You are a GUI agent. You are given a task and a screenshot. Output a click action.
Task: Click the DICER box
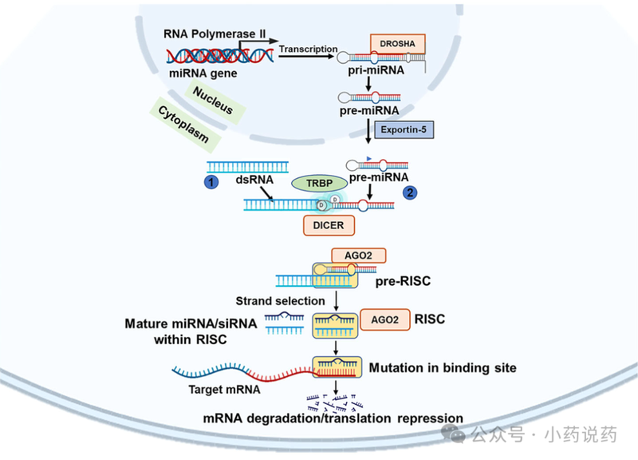pyautogui.click(x=328, y=225)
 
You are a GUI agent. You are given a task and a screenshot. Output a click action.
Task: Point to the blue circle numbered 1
pyautogui.click(x=212, y=183)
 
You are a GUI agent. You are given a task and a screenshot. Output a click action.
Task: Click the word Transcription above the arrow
pyautogui.click(x=308, y=49)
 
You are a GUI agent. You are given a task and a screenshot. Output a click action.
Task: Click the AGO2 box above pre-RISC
pyautogui.click(x=360, y=256)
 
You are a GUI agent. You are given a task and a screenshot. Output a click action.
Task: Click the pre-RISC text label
pyautogui.click(x=404, y=282)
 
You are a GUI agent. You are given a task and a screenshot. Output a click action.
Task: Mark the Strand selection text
pyautogui.click(x=280, y=301)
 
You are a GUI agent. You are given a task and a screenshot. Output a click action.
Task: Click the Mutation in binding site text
pyautogui.click(x=443, y=368)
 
